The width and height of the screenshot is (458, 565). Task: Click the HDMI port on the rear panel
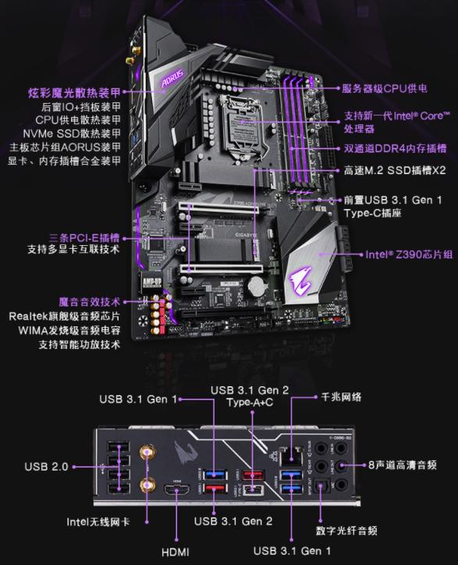[x=177, y=490]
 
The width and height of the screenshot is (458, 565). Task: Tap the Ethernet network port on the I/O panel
[x=291, y=455]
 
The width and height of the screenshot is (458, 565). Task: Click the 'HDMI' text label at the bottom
[x=175, y=552]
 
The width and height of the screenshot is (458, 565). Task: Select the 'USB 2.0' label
[x=46, y=467]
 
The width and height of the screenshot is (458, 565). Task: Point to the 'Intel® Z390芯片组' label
[x=409, y=254]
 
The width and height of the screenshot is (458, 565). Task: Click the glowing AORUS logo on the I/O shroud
[x=172, y=78]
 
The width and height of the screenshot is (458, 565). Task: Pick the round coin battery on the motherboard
[x=257, y=286]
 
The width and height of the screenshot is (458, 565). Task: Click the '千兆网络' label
[x=341, y=397]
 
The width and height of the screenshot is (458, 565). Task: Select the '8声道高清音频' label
[x=402, y=465]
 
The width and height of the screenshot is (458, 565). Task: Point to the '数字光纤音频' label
[x=346, y=531]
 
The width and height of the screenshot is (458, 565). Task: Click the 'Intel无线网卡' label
[x=98, y=521]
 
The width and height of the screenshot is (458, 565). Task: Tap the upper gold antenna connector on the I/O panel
[x=147, y=453]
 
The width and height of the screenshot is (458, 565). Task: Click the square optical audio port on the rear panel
[x=321, y=486]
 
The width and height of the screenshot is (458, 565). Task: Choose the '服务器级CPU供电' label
[x=385, y=88]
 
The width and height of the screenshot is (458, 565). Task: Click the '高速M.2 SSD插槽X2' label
[x=395, y=170]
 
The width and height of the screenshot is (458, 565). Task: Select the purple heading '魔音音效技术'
[x=90, y=301]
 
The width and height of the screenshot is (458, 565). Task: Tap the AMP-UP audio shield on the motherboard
[x=151, y=282]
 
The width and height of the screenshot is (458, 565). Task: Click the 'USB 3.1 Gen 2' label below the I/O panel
[x=233, y=521]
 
